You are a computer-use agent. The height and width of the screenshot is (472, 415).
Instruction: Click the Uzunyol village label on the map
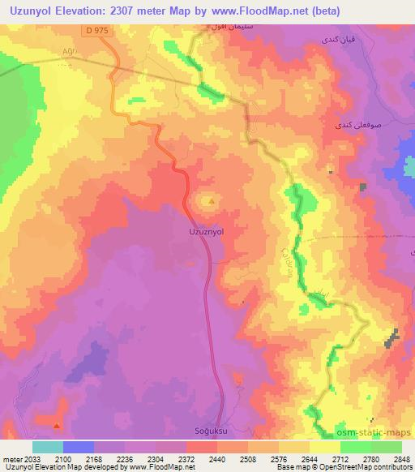(206, 231)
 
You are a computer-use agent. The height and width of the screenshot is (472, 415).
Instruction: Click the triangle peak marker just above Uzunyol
(212, 200)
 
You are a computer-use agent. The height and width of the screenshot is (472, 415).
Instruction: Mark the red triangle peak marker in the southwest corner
(56, 424)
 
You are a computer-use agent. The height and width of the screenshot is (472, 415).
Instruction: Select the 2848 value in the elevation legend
(401, 458)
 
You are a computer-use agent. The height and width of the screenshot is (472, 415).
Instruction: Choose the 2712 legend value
(340, 458)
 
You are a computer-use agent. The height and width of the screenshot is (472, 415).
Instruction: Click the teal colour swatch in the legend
(48, 447)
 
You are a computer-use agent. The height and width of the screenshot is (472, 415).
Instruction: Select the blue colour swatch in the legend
(78, 447)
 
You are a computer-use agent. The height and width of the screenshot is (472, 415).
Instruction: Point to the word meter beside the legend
(11, 458)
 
